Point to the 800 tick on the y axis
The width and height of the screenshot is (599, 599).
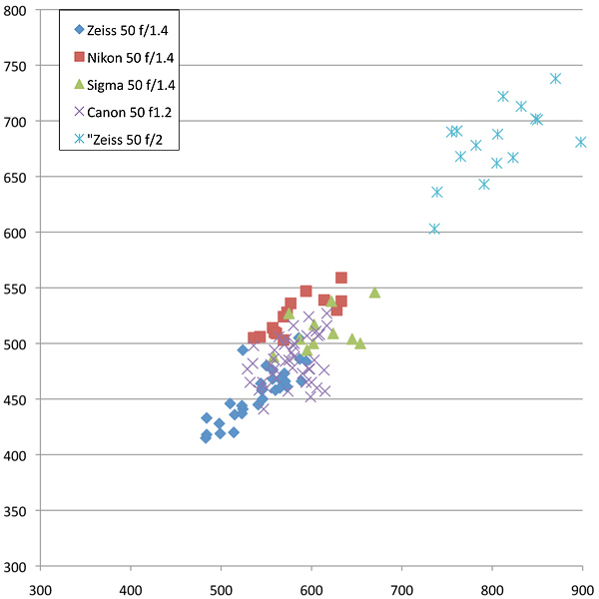pos(16,10)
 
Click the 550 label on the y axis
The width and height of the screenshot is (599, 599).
pos(16,289)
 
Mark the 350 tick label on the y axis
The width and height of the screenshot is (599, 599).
pos(16,511)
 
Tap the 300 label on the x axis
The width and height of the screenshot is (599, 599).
pos(41,589)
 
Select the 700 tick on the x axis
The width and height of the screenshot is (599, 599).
pos(402,589)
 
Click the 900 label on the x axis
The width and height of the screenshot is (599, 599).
pos(583,589)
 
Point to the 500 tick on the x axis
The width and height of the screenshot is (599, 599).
pos(222,589)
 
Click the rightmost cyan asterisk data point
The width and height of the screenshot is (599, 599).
pos(581,142)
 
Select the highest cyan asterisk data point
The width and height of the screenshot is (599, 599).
pos(556,78)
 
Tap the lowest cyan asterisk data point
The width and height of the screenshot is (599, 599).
pos(434,229)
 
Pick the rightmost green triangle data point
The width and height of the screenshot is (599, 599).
pos(374,293)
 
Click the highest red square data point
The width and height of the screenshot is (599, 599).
pos(341,278)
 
